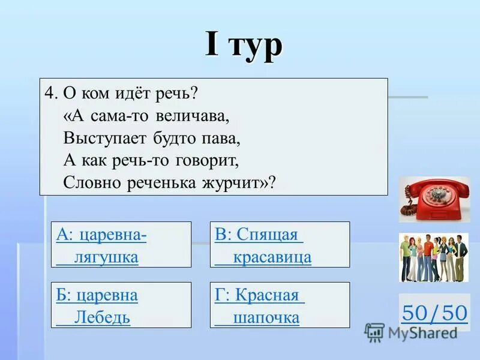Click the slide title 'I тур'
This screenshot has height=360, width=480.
[x=243, y=45]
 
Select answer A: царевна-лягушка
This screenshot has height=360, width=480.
[x=121, y=244]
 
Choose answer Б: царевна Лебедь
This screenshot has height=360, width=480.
[x=121, y=305]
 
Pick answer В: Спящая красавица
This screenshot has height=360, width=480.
[x=280, y=244]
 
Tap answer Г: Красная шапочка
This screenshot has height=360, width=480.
[x=280, y=305]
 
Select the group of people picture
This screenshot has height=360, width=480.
[x=433, y=257]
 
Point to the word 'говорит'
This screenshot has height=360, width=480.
[x=204, y=160]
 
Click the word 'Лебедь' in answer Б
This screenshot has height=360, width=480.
[x=102, y=317]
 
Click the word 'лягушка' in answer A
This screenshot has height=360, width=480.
[x=106, y=257]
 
